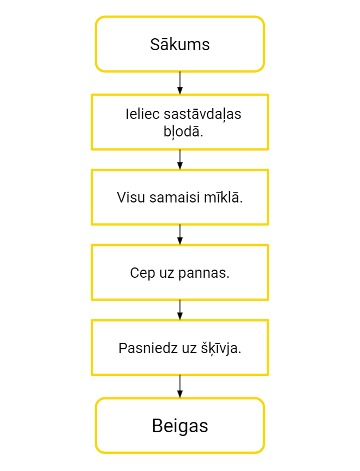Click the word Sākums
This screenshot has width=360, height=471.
[x=180, y=44]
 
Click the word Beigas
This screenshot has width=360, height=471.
[x=180, y=426]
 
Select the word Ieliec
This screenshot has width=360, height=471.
[x=142, y=114]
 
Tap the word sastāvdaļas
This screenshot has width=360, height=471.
[x=202, y=115]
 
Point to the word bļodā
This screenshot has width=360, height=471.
[x=183, y=132]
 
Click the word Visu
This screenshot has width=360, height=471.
[x=131, y=198]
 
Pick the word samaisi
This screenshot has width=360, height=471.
[x=175, y=198]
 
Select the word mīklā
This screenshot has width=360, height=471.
[x=223, y=197]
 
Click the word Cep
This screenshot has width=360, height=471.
[x=142, y=273]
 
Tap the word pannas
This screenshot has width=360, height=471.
[x=203, y=273]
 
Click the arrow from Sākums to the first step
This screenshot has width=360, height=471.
[x=180, y=83]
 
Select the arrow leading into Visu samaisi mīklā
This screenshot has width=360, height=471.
[x=180, y=159]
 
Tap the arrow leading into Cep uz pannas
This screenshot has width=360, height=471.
[x=180, y=235]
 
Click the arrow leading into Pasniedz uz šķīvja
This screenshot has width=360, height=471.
[x=180, y=309]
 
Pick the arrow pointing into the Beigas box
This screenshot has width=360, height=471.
[x=180, y=386]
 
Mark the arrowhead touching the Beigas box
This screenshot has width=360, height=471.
[x=180, y=395]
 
